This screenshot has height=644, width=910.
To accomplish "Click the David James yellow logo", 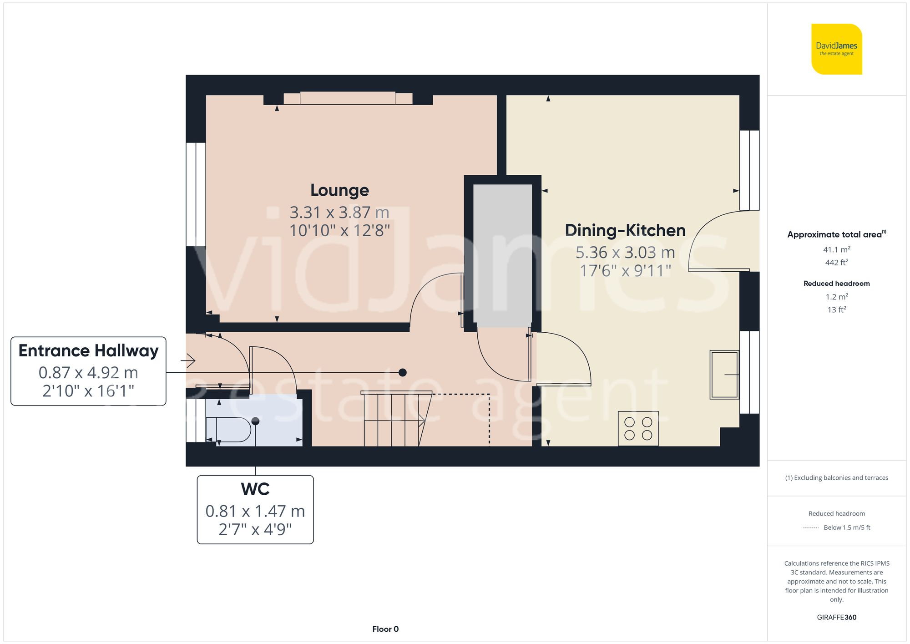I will (x=836, y=49).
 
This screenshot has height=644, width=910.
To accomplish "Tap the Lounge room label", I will (x=339, y=190).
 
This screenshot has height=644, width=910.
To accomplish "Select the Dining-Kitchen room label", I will (x=625, y=230).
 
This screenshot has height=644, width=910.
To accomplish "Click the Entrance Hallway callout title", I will (x=88, y=351).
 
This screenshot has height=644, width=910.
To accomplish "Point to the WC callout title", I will (x=255, y=489).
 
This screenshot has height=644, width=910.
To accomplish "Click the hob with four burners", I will (x=638, y=428).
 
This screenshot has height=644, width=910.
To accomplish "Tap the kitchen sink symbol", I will (x=724, y=375).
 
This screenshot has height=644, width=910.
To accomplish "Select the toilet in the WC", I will (x=230, y=429).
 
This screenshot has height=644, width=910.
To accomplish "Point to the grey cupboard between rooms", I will (x=502, y=255).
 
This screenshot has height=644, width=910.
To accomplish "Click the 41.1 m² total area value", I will (x=836, y=249).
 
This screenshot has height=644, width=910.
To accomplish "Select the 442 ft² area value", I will (x=836, y=263).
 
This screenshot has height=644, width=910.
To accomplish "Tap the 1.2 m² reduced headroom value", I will (x=836, y=297).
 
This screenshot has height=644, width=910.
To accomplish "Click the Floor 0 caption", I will (x=385, y=629).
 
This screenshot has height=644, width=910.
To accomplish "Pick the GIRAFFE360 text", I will (x=836, y=618).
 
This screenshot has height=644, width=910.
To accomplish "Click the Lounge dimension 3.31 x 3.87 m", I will (x=339, y=213).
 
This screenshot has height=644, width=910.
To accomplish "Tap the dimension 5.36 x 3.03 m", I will (x=625, y=253).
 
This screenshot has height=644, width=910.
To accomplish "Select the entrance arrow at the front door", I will (x=188, y=361).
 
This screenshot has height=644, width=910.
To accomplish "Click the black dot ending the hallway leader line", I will (x=402, y=372).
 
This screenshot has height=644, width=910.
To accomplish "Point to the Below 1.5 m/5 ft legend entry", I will (x=846, y=527).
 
